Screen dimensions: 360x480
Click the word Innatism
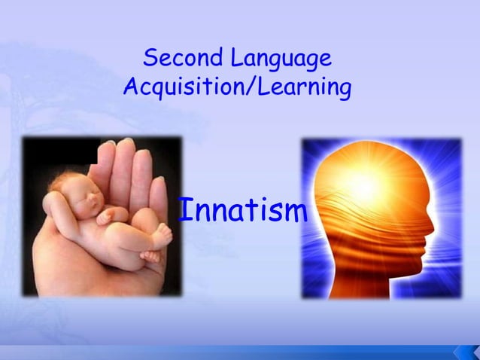(242, 211)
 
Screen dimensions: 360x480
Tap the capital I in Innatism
(183, 210)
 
